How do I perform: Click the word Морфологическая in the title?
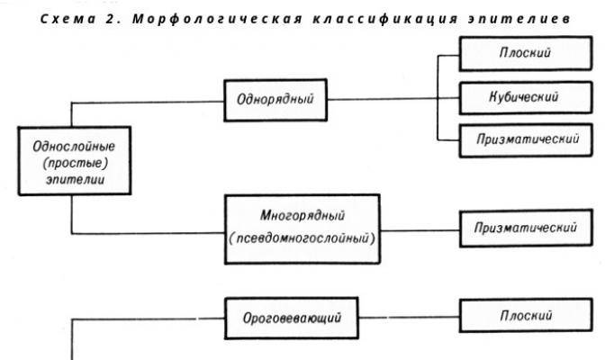click(217, 19)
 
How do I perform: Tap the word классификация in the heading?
click(385, 19)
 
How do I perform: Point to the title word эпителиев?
click(519, 19)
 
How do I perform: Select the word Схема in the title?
click(68, 19)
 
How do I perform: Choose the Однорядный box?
click(275, 100)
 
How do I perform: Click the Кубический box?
click(526, 97)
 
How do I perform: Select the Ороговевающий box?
click(292, 318)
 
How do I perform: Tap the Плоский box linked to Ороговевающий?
click(526, 315)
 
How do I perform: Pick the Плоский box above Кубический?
click(526, 53)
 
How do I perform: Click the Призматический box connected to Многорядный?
click(526, 228)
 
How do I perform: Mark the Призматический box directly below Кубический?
click(526, 140)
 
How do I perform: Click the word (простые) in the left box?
click(76, 163)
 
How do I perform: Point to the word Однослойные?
click(74, 146)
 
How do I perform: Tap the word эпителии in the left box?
click(76, 179)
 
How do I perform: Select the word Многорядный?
click(302, 215)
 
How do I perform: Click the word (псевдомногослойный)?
click(302, 238)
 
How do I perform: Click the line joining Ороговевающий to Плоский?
click(409, 318)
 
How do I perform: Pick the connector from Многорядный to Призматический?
click(420, 230)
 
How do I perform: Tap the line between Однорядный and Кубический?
click(393, 99)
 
